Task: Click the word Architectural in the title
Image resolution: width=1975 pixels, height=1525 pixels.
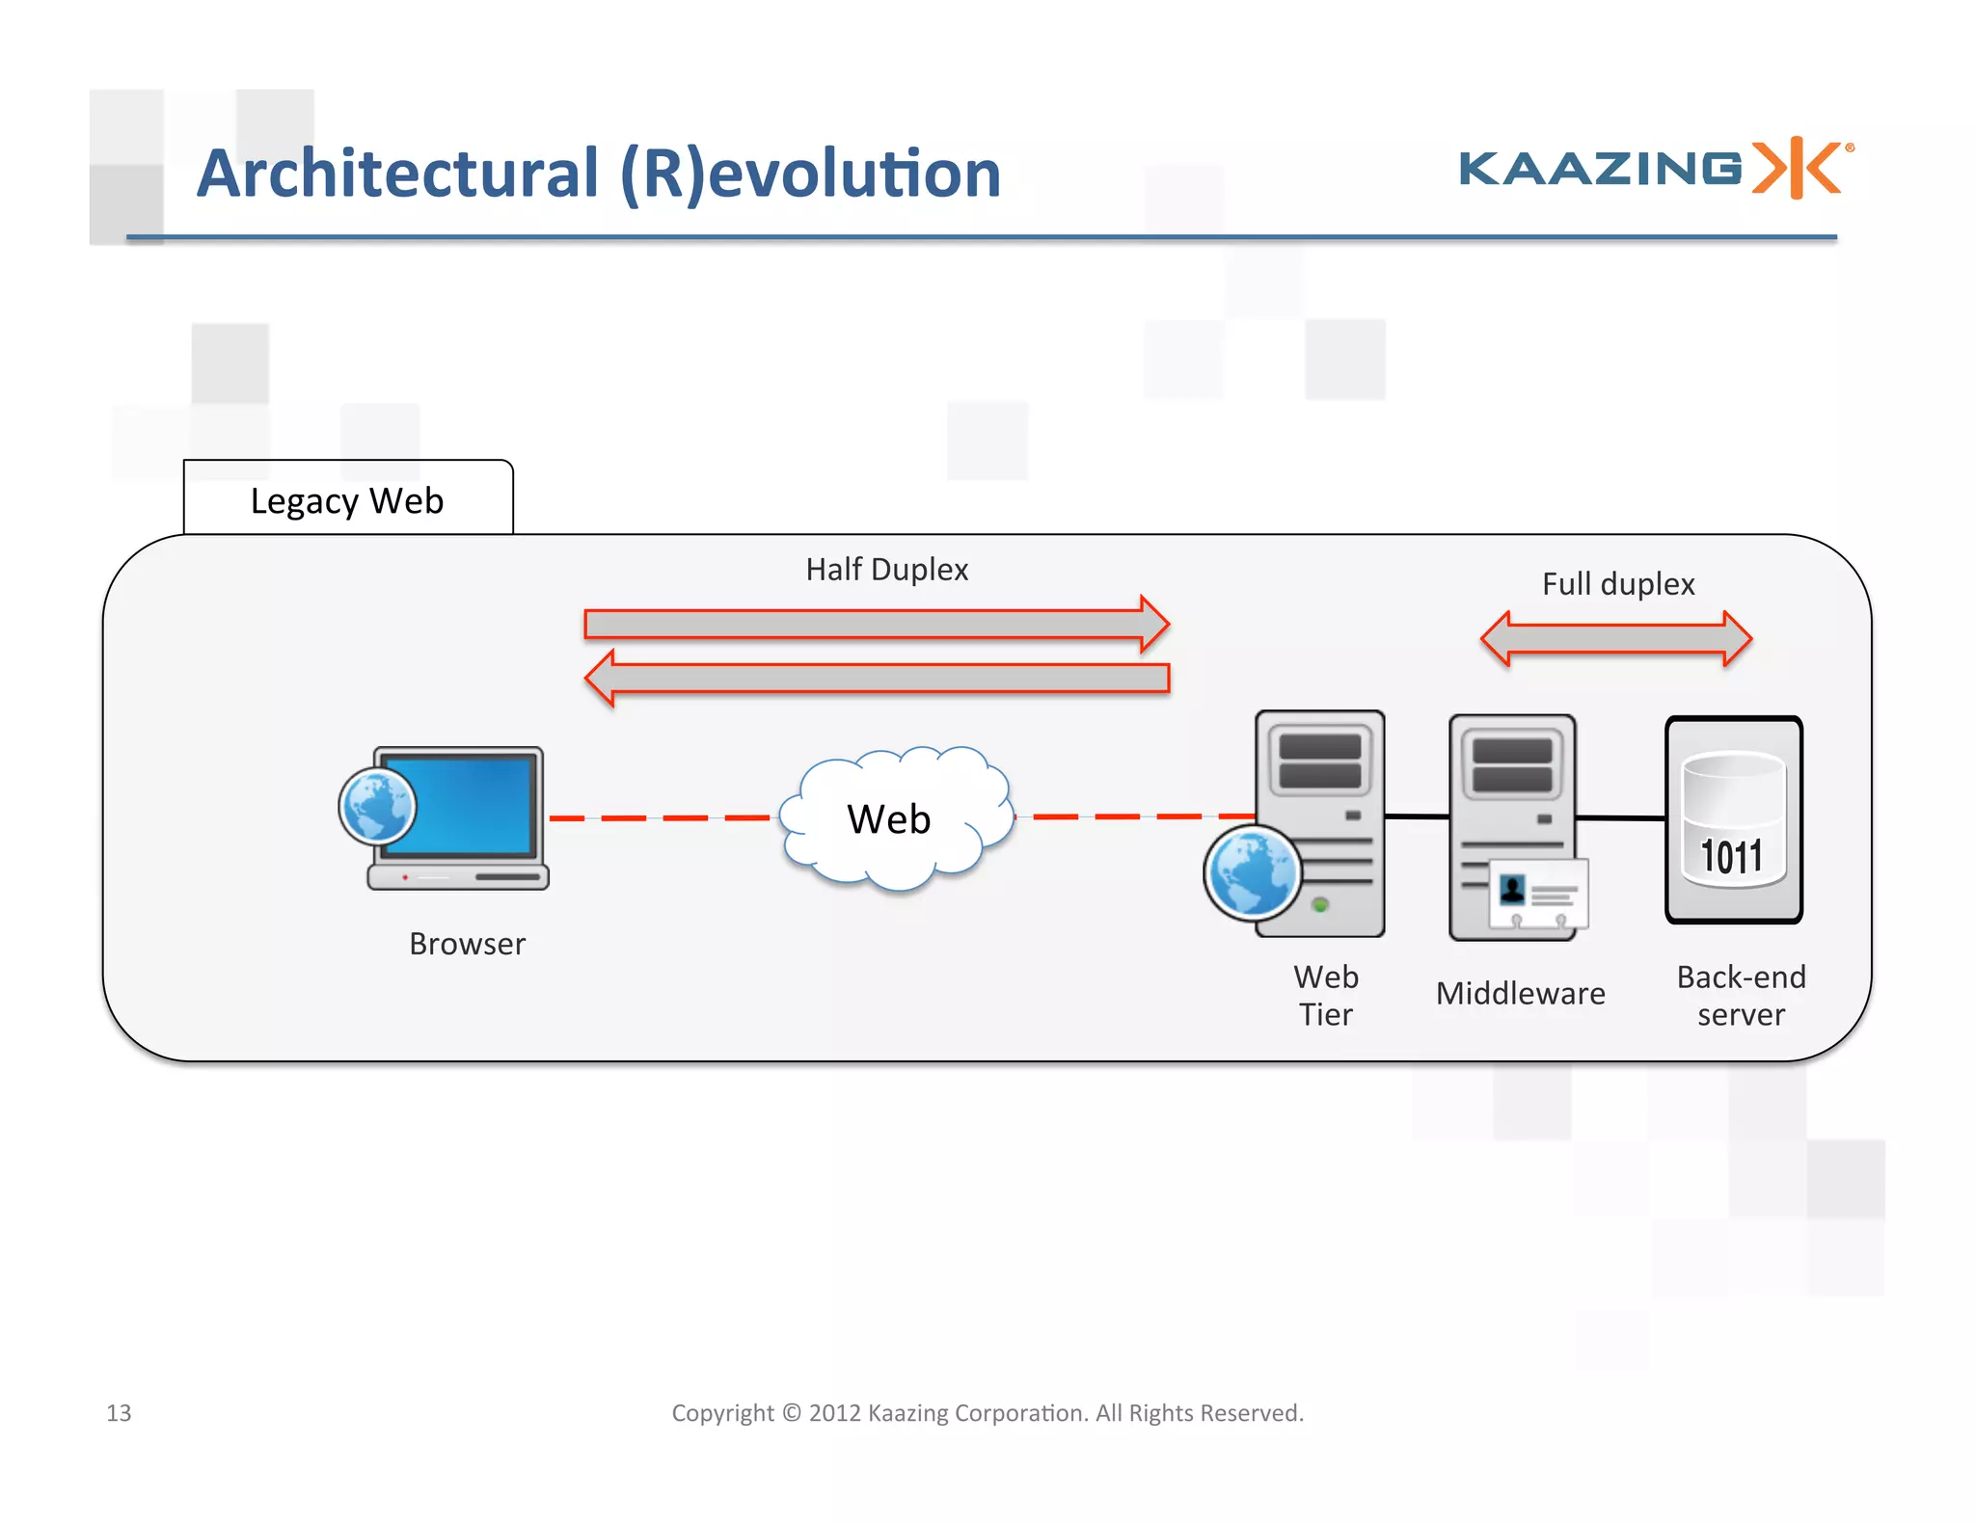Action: (x=397, y=174)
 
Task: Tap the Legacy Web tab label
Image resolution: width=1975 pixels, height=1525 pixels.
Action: (x=347, y=501)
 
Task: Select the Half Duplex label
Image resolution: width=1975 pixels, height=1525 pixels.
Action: (x=886, y=570)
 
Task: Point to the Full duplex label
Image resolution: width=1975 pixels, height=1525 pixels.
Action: (x=1617, y=584)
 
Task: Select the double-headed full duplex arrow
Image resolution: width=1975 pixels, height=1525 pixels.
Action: (x=1616, y=638)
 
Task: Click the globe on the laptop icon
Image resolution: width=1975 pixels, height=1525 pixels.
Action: (x=377, y=806)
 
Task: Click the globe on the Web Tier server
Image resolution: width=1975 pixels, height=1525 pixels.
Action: (x=1252, y=872)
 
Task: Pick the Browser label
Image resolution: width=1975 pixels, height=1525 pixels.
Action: (x=467, y=944)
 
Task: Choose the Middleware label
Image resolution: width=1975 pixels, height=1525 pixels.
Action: (x=1520, y=994)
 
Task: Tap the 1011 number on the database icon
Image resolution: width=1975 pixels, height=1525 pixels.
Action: (x=1731, y=857)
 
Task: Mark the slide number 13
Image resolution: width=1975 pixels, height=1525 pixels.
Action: (x=119, y=1413)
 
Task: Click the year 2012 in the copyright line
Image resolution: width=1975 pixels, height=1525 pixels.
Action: (x=834, y=1413)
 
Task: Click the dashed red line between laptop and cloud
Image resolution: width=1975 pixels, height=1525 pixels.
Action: (x=663, y=817)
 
